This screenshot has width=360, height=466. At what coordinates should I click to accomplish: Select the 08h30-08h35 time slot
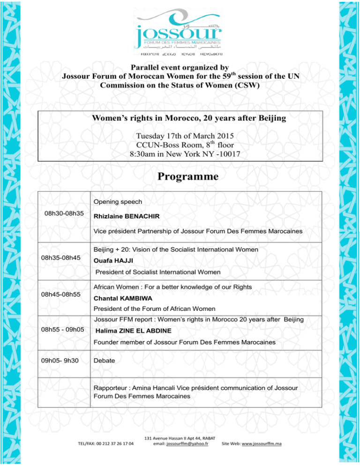(x=64, y=214)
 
